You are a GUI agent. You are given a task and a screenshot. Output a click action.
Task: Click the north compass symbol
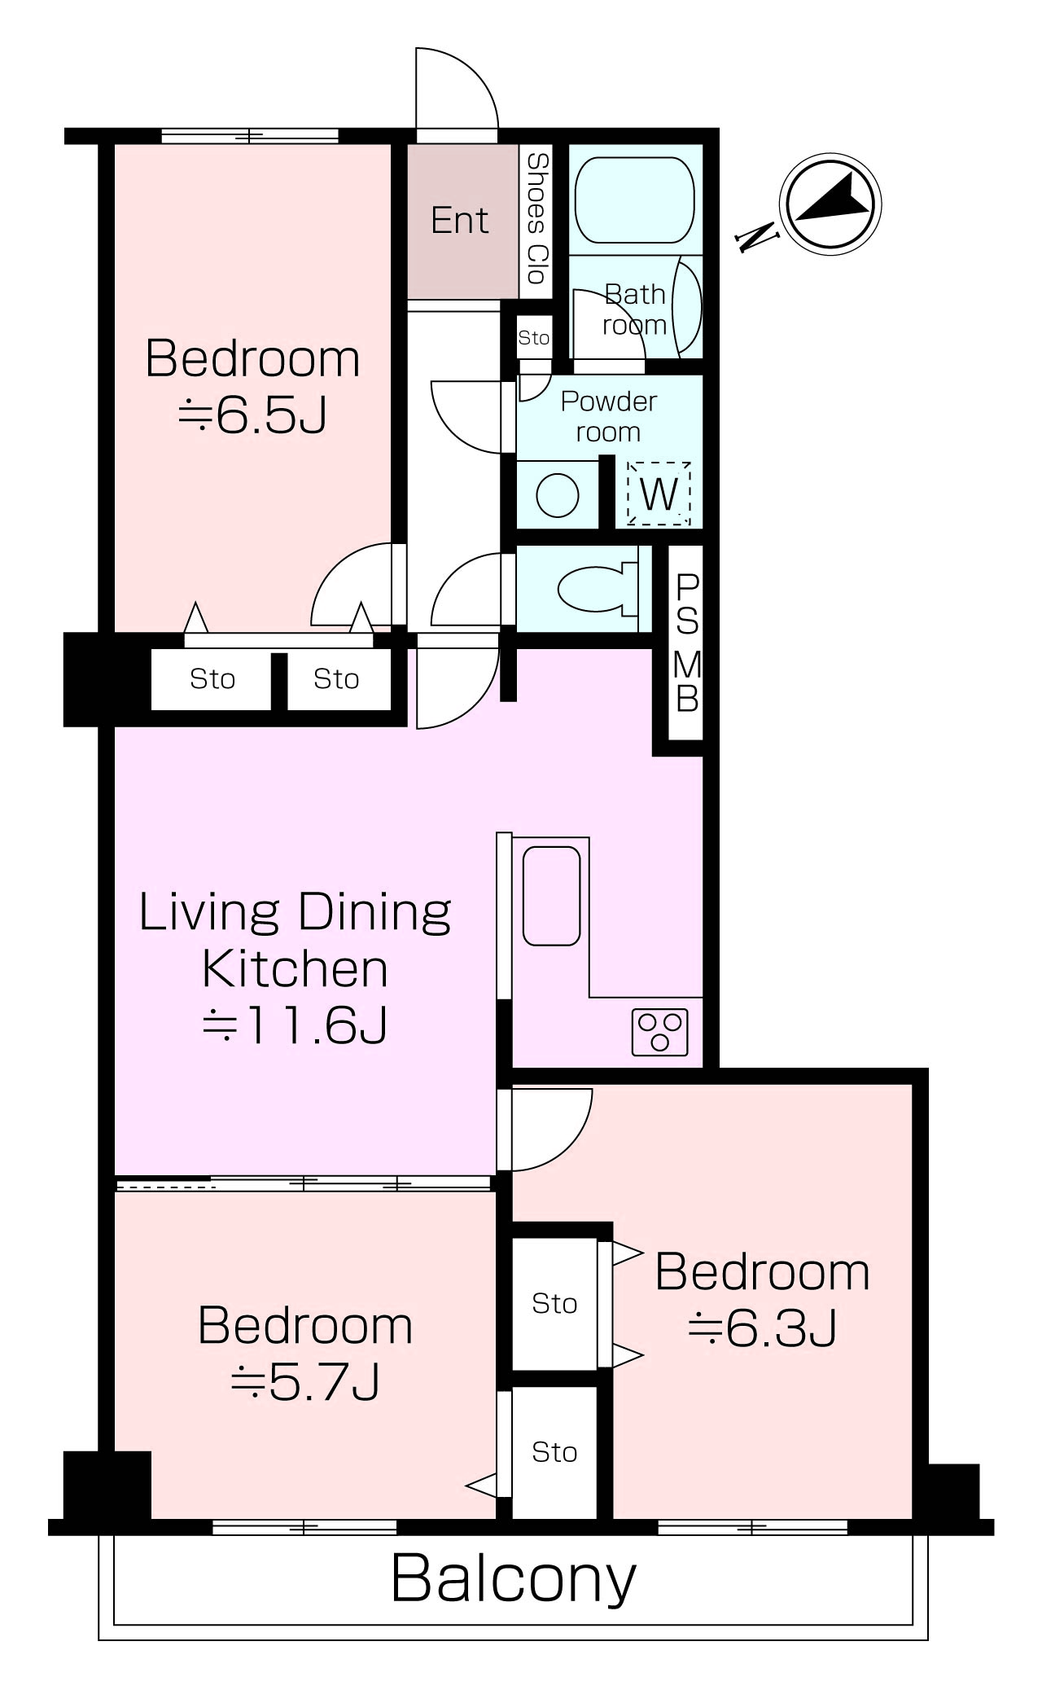[x=830, y=202]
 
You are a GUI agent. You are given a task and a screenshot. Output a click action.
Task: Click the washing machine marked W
[x=659, y=493]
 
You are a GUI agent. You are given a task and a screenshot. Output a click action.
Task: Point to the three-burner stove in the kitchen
[x=659, y=1032]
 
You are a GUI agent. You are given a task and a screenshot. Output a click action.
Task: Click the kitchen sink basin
[x=551, y=896]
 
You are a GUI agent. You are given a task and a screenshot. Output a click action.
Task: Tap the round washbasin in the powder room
[x=558, y=494]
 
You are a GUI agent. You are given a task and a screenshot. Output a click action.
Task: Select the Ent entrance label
[x=460, y=221]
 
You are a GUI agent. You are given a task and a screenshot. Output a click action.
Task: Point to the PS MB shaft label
[x=686, y=643]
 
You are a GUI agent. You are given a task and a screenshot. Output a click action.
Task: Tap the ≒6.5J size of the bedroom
[x=252, y=415]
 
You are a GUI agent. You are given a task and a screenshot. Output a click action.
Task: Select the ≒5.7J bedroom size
[x=305, y=1381]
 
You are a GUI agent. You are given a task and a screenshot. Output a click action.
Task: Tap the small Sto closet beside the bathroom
[x=534, y=337]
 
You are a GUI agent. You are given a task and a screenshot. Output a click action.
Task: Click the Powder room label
[x=609, y=416]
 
